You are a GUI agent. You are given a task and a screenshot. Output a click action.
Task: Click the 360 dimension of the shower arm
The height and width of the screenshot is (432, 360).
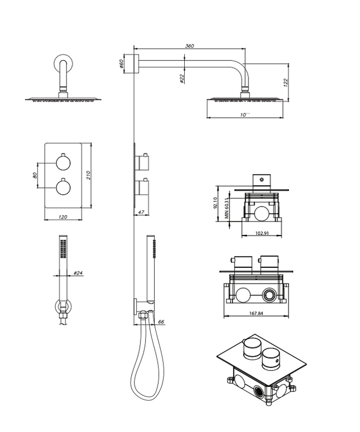(x=189, y=46)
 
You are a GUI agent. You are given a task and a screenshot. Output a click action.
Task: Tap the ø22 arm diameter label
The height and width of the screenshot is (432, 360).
(x=182, y=79)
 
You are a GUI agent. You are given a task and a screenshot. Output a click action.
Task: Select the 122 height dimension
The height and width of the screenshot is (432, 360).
(x=285, y=83)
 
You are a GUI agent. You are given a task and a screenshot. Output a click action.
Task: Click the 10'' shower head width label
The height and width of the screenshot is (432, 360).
(x=245, y=114)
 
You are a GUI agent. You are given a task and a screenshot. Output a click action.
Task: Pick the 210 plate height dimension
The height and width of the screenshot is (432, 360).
(x=88, y=175)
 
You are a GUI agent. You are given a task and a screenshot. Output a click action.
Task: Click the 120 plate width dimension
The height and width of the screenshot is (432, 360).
(x=63, y=217)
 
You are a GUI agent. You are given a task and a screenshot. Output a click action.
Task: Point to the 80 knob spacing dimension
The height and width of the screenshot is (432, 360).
(x=35, y=175)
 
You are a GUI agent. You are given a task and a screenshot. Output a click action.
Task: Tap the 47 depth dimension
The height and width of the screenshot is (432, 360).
(x=141, y=213)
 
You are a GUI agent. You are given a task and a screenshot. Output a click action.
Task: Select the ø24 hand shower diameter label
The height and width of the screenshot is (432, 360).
(x=78, y=273)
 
